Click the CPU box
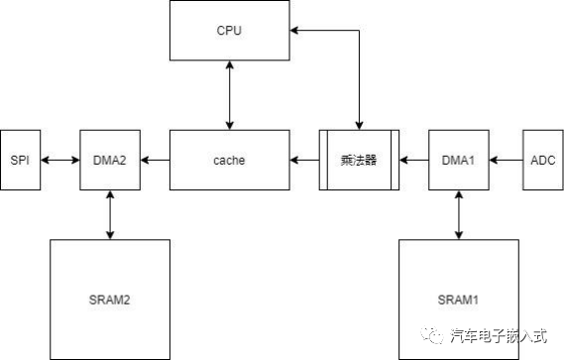pyautogui.click(x=230, y=30)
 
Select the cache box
pyautogui.click(x=230, y=160)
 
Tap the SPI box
pyautogui.click(x=20, y=160)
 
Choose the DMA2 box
pyautogui.click(x=109, y=160)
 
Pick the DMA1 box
pyautogui.click(x=458, y=160)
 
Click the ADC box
pyautogui.click(x=541, y=160)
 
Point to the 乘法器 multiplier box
pyautogui.click(x=358, y=160)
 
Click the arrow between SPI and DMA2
pyautogui.click(x=60, y=160)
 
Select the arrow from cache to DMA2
pyautogui.click(x=156, y=160)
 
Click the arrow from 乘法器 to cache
pyautogui.click(x=304, y=160)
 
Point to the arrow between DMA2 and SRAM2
pyautogui.click(x=109, y=213)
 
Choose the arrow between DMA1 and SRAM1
pyautogui.click(x=458, y=213)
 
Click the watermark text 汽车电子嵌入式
pyautogui.click(x=500, y=335)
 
